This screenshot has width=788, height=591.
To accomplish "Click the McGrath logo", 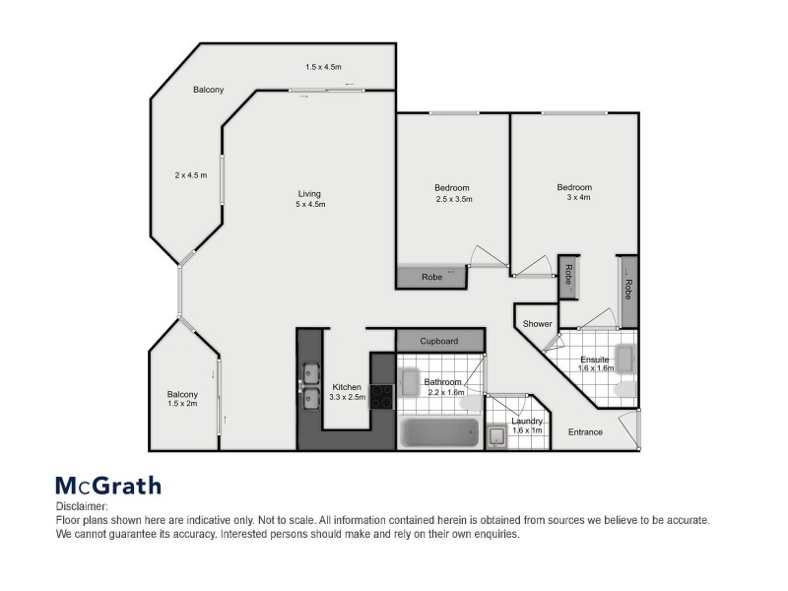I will (x=107, y=485).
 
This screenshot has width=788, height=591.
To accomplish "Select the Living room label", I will (x=310, y=193).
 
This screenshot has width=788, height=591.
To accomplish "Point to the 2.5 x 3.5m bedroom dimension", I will (x=454, y=199).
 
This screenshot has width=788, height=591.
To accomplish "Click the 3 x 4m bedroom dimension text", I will (x=574, y=198).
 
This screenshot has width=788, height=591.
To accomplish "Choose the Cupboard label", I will (x=439, y=341).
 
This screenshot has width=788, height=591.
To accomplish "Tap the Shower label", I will (x=538, y=324).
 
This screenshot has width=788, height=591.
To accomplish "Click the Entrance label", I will (x=586, y=432).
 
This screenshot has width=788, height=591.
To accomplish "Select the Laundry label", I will (x=527, y=421).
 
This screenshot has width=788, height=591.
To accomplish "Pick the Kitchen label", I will (x=347, y=386).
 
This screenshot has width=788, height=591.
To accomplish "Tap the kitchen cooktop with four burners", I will (x=382, y=395).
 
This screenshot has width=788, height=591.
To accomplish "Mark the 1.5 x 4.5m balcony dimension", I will (x=322, y=67).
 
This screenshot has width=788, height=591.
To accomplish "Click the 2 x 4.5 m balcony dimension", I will (x=189, y=175).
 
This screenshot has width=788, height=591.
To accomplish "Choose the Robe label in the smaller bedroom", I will (x=430, y=278).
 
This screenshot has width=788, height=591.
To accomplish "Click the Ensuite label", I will (x=595, y=360).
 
